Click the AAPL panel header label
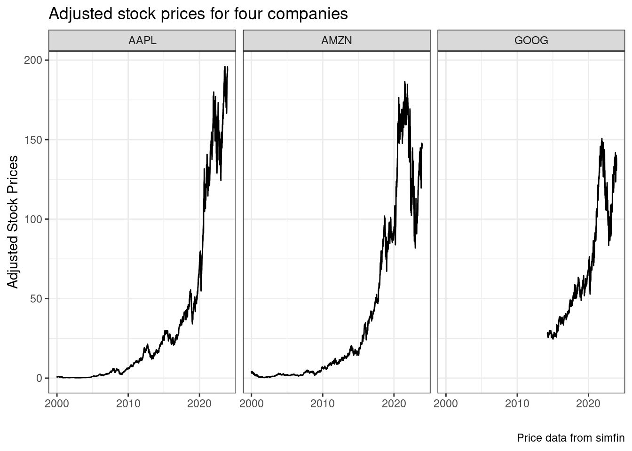coord(142,40)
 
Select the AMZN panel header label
coord(336,40)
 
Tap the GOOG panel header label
coord(531,40)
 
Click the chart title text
coord(198,14)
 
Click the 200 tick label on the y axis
coord(33,60)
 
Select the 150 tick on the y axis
coord(33,140)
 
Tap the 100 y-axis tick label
coord(33,219)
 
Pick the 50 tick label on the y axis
coord(36,298)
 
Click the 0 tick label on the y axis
coord(39,378)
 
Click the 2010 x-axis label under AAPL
coord(128,404)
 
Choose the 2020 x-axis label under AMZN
coord(394,404)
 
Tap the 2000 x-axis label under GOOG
coord(446,404)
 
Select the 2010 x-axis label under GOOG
coord(517,404)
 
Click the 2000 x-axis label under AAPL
coord(57,404)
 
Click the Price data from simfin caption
coord(570,438)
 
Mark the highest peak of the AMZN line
coord(404,82)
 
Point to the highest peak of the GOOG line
coord(601,139)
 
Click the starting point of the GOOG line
coord(547,334)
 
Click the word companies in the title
coord(308,14)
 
